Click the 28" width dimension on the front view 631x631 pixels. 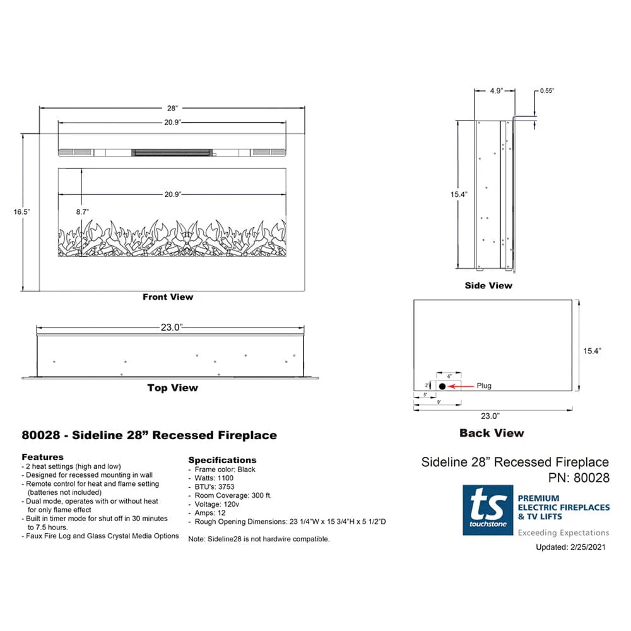coord(172,109)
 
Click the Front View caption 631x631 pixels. coord(168,297)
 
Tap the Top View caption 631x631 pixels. coord(172,388)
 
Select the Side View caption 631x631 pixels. coord(488,285)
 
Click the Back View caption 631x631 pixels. coord(492,433)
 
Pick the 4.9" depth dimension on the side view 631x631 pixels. coord(495,91)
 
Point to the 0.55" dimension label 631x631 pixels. coord(546,91)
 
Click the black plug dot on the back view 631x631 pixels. coord(442,386)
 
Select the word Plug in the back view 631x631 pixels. coord(484,386)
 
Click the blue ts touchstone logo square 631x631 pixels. coord(488,510)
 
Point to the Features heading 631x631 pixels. coord(42,456)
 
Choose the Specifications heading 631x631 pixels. coord(222,460)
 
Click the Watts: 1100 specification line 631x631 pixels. coord(213,478)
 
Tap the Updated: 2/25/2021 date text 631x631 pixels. coord(570,547)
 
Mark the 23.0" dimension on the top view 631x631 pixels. coord(171,327)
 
